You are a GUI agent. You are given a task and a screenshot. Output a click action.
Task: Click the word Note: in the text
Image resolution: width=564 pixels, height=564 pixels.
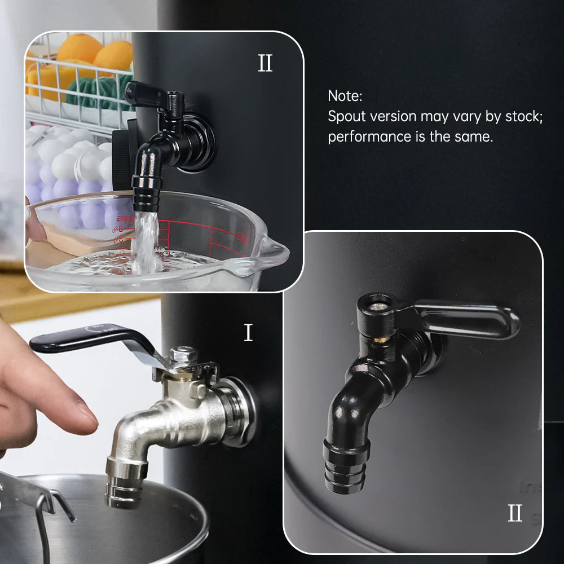tap(344, 96)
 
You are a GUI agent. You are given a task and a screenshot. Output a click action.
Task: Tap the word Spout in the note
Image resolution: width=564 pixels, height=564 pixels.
tap(345, 117)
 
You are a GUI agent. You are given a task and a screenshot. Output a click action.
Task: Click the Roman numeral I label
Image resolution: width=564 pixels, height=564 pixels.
tap(248, 333)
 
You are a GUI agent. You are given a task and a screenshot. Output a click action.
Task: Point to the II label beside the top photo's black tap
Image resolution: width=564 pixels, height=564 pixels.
tap(265, 64)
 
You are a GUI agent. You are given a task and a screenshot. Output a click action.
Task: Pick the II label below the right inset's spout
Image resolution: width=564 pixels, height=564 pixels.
tap(514, 513)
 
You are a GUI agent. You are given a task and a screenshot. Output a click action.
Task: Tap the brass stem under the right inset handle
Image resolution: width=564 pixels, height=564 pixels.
tap(384, 340)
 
